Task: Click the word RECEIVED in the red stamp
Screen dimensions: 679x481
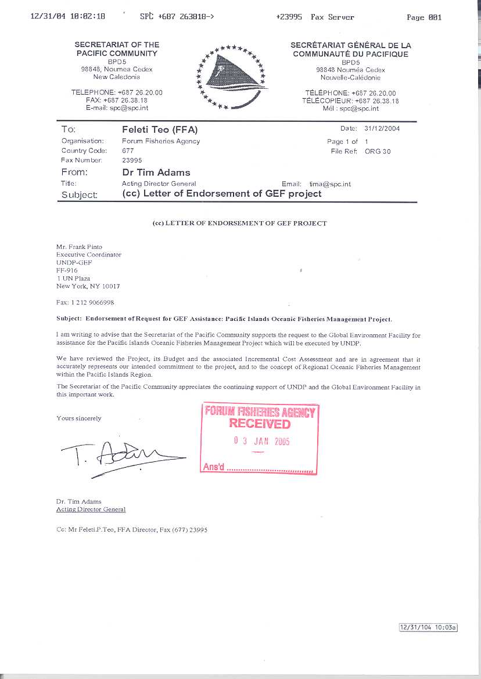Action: click(260, 423)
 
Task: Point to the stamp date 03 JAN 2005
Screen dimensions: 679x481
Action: click(261, 441)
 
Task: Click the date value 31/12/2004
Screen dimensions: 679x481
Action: click(382, 129)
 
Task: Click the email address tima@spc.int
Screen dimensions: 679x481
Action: click(330, 184)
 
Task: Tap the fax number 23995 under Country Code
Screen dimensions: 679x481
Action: click(132, 160)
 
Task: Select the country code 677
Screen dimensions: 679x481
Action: click(128, 151)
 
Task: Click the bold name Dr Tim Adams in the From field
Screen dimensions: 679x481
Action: click(156, 172)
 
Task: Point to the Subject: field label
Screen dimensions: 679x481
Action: click(79, 195)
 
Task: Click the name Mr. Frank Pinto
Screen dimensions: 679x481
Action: click(79, 247)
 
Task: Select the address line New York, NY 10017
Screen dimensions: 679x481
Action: click(88, 286)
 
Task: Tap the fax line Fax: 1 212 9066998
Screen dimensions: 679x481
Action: click(85, 302)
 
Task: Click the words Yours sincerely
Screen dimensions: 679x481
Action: click(78, 418)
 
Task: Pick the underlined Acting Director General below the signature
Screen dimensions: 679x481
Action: click(91, 510)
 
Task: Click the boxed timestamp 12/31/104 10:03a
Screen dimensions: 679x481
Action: click(428, 627)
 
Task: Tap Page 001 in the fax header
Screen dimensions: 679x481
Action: click(424, 17)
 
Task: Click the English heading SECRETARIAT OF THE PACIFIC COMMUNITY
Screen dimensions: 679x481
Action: click(117, 49)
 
